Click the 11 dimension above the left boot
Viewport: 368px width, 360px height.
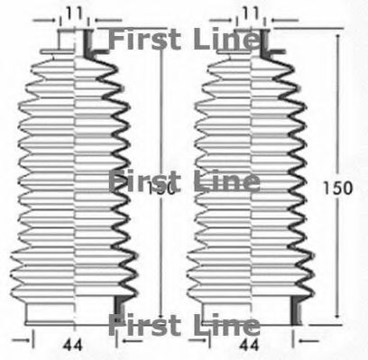(74, 12)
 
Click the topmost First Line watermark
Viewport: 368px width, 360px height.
(183, 39)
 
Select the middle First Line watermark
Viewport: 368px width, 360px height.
(183, 180)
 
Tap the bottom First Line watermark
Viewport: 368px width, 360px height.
(183, 325)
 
